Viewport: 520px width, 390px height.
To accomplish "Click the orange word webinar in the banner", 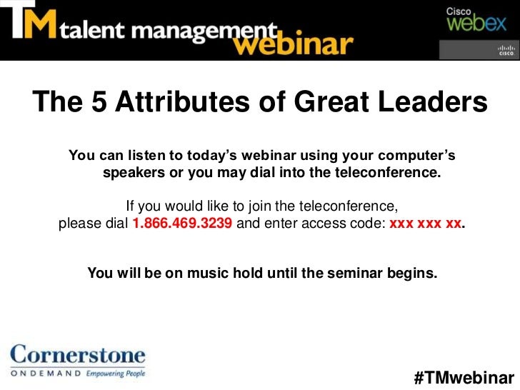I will point(293,45).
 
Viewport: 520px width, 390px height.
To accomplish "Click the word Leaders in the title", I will point(429,104).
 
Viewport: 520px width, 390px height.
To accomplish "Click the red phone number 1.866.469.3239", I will point(182,223).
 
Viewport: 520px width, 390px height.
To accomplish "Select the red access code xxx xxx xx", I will point(424,223).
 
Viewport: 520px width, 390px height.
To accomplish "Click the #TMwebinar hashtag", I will point(464,376).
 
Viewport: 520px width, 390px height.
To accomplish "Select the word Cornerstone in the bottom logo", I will point(77,355).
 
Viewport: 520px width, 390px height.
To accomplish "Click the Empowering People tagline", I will point(115,373).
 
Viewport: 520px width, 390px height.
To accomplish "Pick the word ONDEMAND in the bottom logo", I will point(45,373).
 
